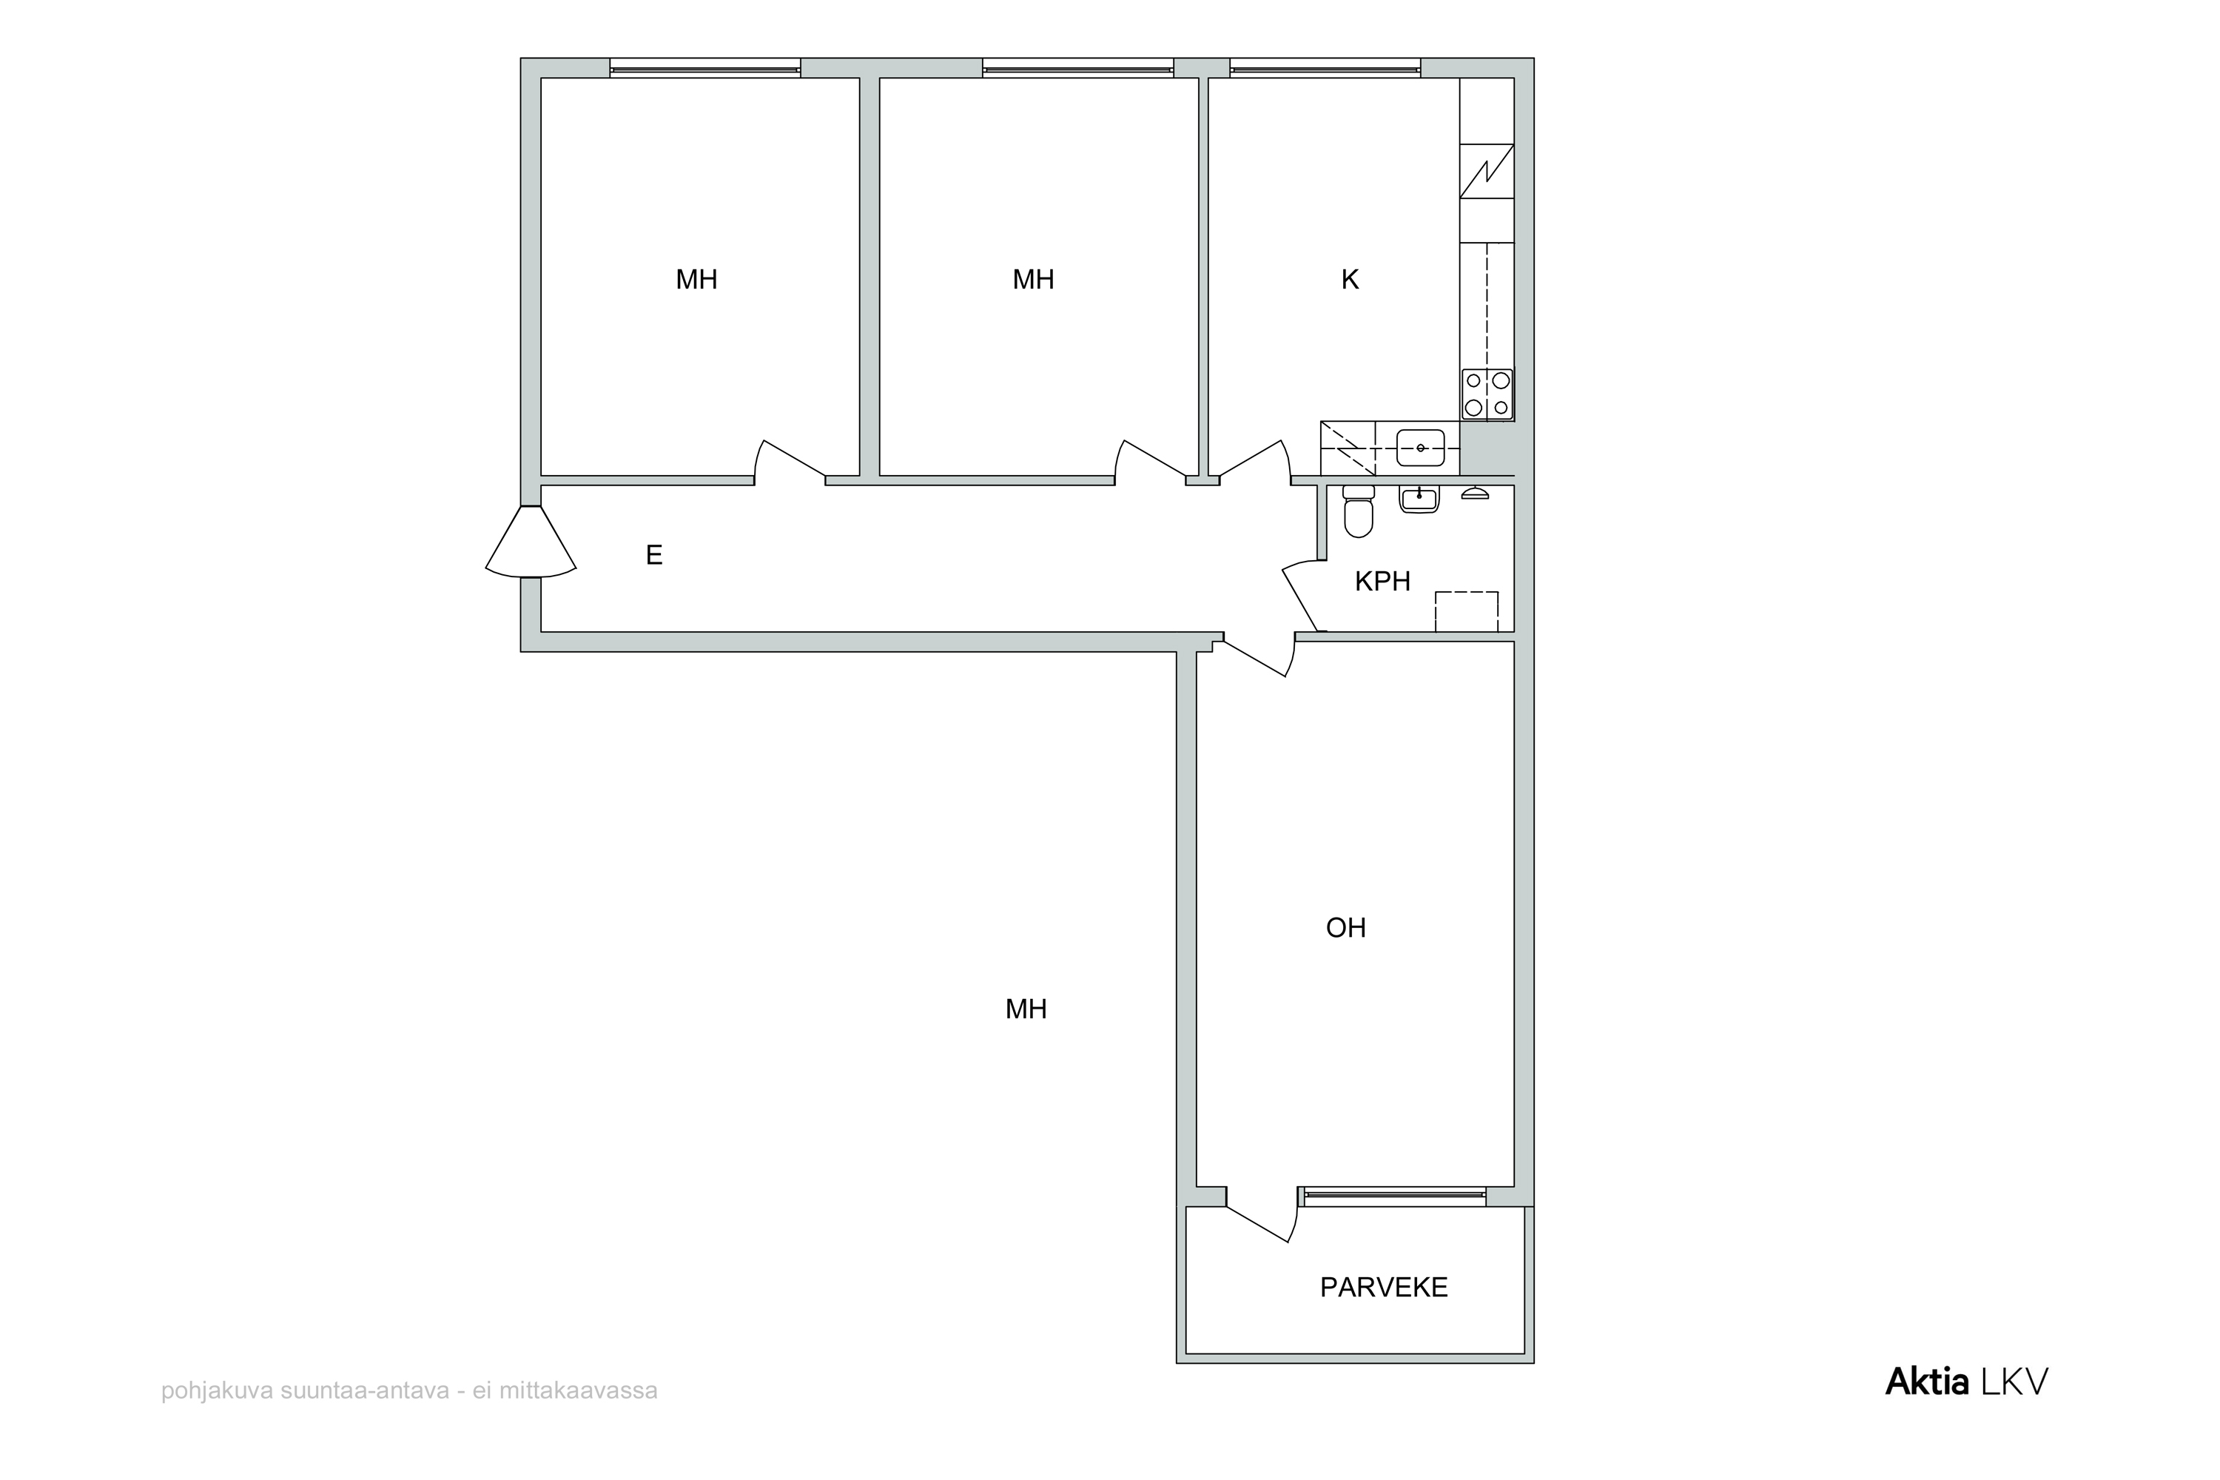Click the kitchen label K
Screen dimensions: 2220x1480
[1350, 280]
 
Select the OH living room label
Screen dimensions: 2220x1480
[1346, 928]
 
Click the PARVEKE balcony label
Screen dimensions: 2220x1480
[1384, 1288]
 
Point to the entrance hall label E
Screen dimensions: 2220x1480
[654, 555]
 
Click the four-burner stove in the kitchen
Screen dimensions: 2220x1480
[1487, 394]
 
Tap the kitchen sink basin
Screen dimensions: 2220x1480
[1421, 448]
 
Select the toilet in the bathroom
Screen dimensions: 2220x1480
[1358, 511]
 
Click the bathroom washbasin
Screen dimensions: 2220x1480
[1419, 499]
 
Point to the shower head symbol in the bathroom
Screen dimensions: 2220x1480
[1474, 493]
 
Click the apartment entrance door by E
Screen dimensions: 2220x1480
[531, 541]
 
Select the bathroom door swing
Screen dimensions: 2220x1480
[1302, 595]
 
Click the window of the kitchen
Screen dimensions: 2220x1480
[1325, 67]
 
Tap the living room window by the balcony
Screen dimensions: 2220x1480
[1392, 1197]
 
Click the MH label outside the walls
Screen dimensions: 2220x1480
[1026, 1010]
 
